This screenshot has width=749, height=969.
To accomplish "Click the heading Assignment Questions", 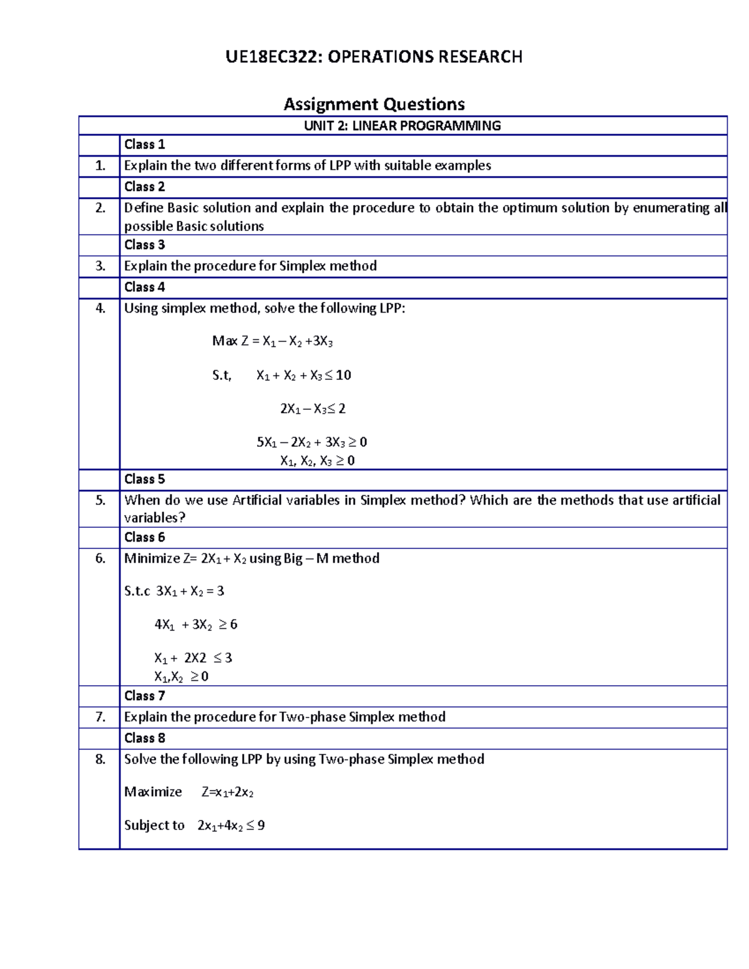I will coord(374,104).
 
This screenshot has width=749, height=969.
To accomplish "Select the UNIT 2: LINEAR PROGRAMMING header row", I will coord(402,125).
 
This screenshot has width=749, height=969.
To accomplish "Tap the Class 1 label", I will coord(144,144).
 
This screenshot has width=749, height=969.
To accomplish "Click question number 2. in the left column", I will coord(100,208).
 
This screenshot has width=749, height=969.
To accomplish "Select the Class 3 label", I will coord(144,245).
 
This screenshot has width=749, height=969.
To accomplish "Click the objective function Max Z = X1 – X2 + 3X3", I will coord(272,341).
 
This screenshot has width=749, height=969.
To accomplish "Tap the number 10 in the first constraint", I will coord(343,375).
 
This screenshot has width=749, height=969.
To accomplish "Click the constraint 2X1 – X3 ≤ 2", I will coord(313,409).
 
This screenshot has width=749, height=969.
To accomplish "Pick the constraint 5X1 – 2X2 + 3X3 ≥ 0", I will coord(311,442).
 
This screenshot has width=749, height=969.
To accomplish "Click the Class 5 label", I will coord(144,479).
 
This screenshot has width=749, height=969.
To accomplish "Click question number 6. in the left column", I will coord(100,558).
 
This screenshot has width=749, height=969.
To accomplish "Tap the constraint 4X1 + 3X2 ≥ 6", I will coord(195,625).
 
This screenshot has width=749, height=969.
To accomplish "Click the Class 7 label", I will coord(144,696).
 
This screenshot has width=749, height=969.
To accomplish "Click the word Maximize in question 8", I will coord(153,792).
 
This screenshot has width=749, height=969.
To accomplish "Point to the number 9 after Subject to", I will coord(261,825).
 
